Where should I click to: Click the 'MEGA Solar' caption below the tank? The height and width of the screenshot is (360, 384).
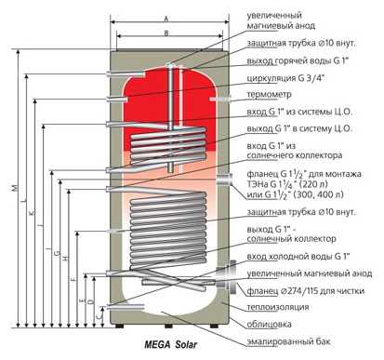[x=170, y=344]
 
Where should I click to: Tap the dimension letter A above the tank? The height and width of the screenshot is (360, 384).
[x=166, y=19]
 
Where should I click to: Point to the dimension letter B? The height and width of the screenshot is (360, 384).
[x=166, y=33]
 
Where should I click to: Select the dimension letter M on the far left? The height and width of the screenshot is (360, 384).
[x=15, y=188]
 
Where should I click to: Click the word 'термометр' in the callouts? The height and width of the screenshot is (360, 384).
[x=270, y=94]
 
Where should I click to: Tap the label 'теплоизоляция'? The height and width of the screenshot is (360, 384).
[x=278, y=307]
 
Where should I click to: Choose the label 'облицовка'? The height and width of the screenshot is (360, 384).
[x=269, y=325]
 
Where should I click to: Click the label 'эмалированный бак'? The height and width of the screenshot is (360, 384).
[x=288, y=341]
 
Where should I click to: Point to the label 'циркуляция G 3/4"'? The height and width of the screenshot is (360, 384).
[x=285, y=77]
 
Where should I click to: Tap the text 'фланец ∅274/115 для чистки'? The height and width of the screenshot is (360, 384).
[x=306, y=291]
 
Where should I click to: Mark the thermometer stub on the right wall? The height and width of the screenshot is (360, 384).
[x=220, y=99]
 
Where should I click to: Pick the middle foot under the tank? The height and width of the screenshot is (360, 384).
[x=168, y=327]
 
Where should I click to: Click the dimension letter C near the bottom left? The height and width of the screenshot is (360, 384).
[x=99, y=316]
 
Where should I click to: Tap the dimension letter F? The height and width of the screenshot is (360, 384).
[x=73, y=279]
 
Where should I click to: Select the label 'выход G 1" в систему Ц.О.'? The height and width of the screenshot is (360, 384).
[x=299, y=128]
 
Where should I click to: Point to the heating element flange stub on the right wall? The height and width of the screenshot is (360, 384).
[x=225, y=180]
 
